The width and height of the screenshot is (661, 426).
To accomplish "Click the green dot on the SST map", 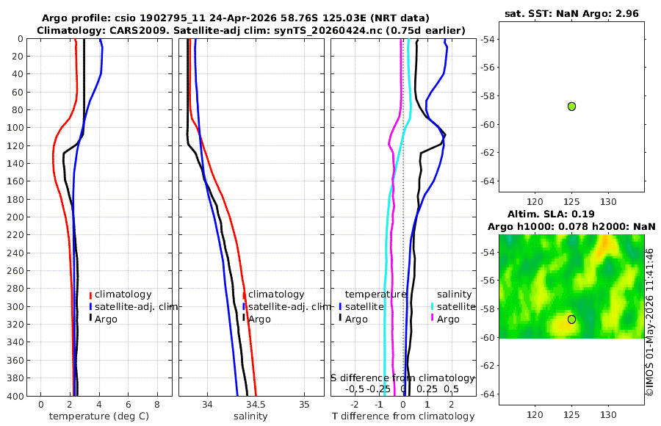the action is [x=571, y=106].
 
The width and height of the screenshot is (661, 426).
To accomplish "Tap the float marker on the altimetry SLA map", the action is [x=571, y=319].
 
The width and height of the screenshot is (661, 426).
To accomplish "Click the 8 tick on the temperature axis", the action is [x=157, y=405].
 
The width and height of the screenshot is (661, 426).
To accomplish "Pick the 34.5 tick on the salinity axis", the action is [x=256, y=405].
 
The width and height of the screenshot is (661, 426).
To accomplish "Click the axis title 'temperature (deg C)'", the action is [x=99, y=416].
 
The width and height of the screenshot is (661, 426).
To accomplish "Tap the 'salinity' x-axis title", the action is [x=250, y=416].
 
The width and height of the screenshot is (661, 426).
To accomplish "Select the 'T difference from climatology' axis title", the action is [x=403, y=416].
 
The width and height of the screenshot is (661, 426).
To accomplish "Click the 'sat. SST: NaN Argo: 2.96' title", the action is [x=571, y=13].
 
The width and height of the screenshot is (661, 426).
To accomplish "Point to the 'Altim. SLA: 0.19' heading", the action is [x=551, y=214].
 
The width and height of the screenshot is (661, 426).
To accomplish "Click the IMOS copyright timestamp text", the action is [x=650, y=322].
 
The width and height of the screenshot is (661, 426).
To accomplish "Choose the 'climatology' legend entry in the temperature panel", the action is [x=123, y=295].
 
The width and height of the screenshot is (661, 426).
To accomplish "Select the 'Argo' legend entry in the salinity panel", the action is [x=259, y=319].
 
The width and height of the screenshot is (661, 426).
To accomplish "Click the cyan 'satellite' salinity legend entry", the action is [x=455, y=306].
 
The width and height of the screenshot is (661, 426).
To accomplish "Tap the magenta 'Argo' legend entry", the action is [x=448, y=319].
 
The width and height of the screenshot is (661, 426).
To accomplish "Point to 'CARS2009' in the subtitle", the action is [x=134, y=30].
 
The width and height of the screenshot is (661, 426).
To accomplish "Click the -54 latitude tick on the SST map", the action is [x=487, y=39].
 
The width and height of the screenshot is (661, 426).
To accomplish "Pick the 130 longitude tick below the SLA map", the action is [x=608, y=415].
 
